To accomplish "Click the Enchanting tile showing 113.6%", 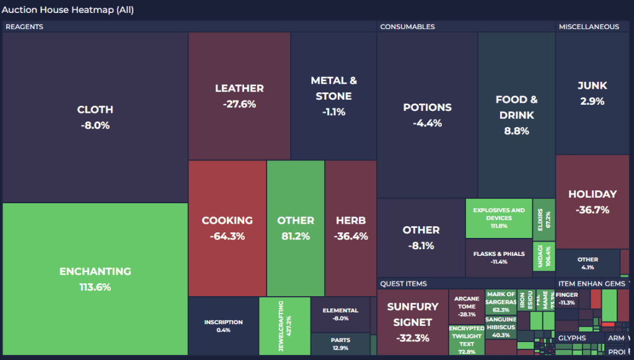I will [x=95, y=279].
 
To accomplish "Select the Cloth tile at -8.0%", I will [x=95, y=117].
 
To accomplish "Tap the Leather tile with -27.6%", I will [x=239, y=96].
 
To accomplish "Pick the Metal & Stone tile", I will [x=333, y=96].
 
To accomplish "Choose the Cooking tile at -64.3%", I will [x=227, y=228].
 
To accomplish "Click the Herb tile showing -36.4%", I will [x=351, y=228].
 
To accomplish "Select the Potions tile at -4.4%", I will [x=427, y=115].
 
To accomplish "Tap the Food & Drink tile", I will [x=516, y=115].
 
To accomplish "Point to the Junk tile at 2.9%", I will [x=592, y=93].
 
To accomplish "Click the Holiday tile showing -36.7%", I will [x=592, y=201].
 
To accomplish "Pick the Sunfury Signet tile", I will [x=412, y=322].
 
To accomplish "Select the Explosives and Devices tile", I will [x=499, y=218].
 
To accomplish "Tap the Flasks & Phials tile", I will [x=499, y=258].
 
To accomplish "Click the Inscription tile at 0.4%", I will [x=223, y=326].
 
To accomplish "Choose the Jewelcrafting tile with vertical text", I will [x=284, y=326].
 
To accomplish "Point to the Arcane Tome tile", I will [x=466, y=306].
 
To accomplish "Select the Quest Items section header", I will [x=403, y=284].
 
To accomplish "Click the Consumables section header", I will [x=407, y=27].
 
